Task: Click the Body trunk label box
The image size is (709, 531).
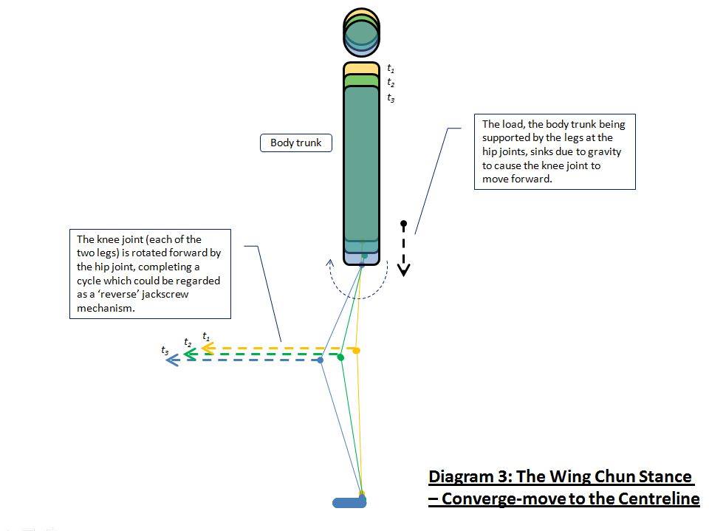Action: tap(295, 143)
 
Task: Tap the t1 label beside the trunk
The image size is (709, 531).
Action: tap(391, 69)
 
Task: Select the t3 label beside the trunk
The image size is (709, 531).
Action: tap(391, 97)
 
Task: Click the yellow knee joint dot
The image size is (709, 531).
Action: tap(357, 350)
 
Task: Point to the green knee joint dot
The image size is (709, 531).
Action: tap(340, 357)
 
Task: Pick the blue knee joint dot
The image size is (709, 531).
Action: tap(321, 360)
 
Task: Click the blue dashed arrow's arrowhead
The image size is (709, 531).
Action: tap(172, 360)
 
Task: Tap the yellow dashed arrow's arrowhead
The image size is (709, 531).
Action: tap(208, 349)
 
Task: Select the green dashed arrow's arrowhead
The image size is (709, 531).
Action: tap(189, 354)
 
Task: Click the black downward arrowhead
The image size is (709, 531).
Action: tap(403, 270)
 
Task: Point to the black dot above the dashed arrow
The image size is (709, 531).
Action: tap(403, 223)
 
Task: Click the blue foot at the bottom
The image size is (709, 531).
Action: tap(349, 503)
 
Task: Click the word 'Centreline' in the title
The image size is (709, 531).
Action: tap(656, 499)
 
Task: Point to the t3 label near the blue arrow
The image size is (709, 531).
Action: tap(165, 350)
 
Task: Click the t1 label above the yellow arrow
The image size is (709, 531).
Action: tap(207, 337)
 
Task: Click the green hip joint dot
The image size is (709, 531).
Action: tap(364, 255)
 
